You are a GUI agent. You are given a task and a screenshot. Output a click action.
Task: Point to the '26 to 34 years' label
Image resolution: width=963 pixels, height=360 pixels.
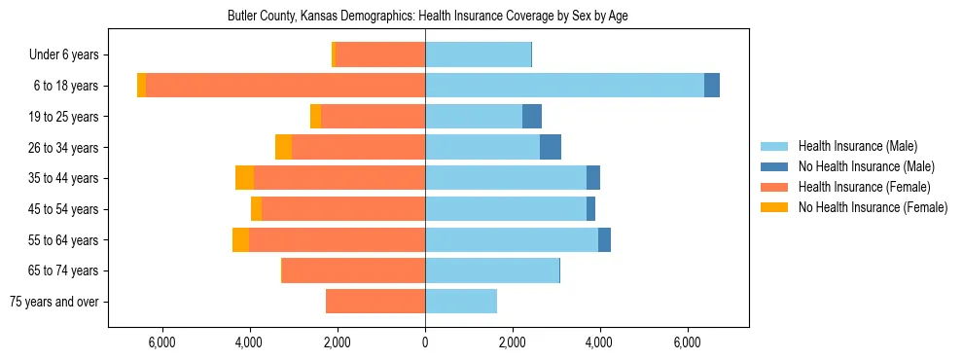click(x=64, y=148)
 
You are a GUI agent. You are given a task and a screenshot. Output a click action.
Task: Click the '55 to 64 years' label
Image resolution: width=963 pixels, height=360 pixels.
click(x=64, y=240)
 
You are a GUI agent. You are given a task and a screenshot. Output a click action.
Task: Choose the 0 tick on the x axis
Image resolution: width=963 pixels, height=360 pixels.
click(x=425, y=342)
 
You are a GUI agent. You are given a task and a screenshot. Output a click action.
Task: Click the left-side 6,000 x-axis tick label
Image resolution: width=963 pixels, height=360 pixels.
click(x=161, y=342)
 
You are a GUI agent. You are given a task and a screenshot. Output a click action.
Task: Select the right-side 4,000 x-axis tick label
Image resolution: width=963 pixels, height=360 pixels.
click(x=599, y=342)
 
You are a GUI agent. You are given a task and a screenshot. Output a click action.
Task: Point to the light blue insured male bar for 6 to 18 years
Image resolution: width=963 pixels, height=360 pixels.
click(x=564, y=86)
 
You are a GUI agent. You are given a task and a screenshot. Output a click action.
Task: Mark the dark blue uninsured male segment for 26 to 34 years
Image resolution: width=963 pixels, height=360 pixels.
click(x=551, y=147)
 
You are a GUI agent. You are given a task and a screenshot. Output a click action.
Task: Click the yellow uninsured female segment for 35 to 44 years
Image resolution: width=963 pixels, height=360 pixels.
click(x=244, y=178)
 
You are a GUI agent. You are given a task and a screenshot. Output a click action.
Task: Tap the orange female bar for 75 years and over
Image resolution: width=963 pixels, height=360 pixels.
click(x=375, y=302)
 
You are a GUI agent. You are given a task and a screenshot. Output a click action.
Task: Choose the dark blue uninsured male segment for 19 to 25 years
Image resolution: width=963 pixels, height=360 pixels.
click(x=532, y=117)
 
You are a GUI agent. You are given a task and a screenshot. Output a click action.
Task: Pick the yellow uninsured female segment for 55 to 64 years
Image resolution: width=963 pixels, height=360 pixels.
click(x=240, y=240)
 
